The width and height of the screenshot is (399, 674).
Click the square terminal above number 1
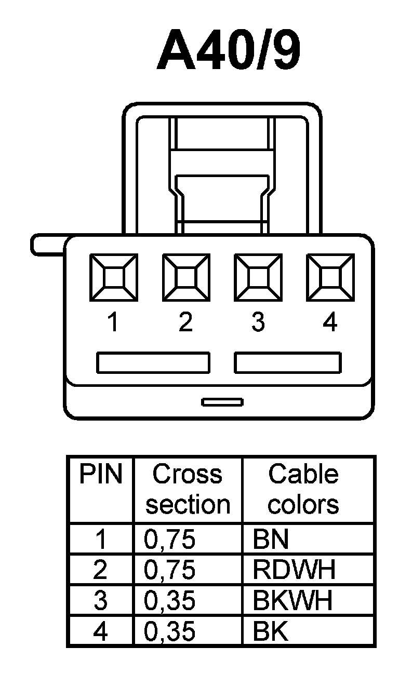point(113,277)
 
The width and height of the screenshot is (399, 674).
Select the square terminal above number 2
point(185,277)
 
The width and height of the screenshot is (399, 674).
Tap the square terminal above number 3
point(258,277)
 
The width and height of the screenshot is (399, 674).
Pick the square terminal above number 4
point(330,277)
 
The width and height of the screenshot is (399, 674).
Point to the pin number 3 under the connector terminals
point(258,323)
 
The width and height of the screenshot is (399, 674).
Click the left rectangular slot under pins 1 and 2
point(153,362)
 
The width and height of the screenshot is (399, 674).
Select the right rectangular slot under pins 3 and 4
point(287,362)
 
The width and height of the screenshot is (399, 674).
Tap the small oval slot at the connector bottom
point(222,402)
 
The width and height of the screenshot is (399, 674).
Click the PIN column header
point(101,475)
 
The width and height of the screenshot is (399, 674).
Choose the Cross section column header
point(188,489)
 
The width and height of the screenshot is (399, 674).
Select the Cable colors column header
point(303,489)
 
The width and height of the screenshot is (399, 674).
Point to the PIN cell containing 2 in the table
point(101,570)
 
